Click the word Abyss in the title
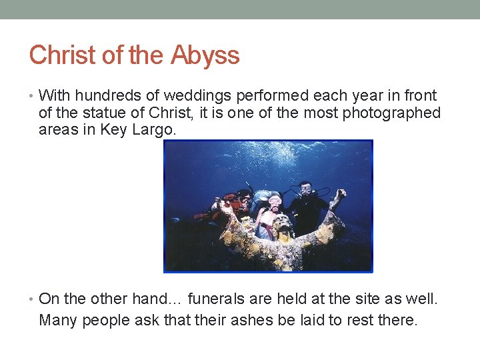pos(205,55)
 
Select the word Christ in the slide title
pos(63,55)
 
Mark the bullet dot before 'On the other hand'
pos(32,299)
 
